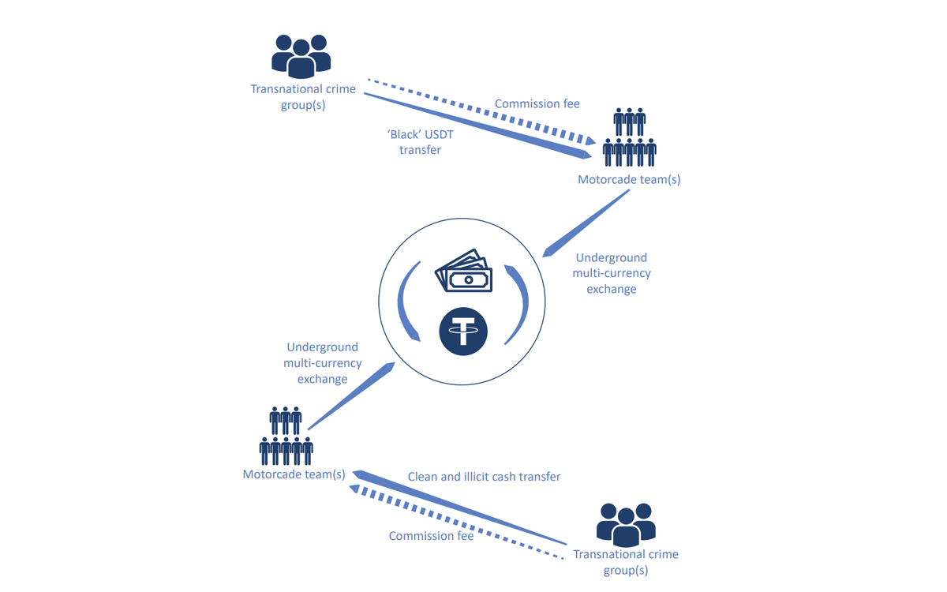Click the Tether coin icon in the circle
[463, 331]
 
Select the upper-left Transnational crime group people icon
[301, 56]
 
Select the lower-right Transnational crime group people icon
[626, 525]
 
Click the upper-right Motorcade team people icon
[629, 137]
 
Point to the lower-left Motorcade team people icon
[286, 437]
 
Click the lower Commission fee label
[431, 536]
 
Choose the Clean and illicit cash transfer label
[484, 477]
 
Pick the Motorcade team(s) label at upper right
[629, 179]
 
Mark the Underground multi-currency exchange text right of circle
[611, 273]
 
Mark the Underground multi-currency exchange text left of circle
[322, 363]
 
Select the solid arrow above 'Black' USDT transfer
[473, 126]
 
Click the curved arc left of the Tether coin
[406, 305]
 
